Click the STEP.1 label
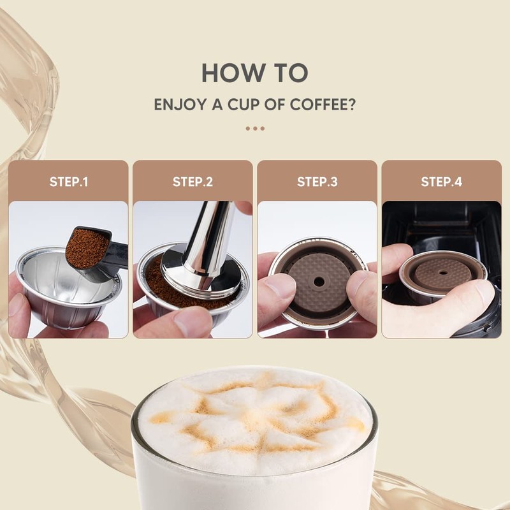[68, 182]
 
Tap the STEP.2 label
[193, 182]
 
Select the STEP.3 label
[317, 182]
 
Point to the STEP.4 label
[441, 182]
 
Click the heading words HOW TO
[254, 73]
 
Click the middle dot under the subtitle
[255, 128]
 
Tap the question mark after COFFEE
[351, 105]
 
